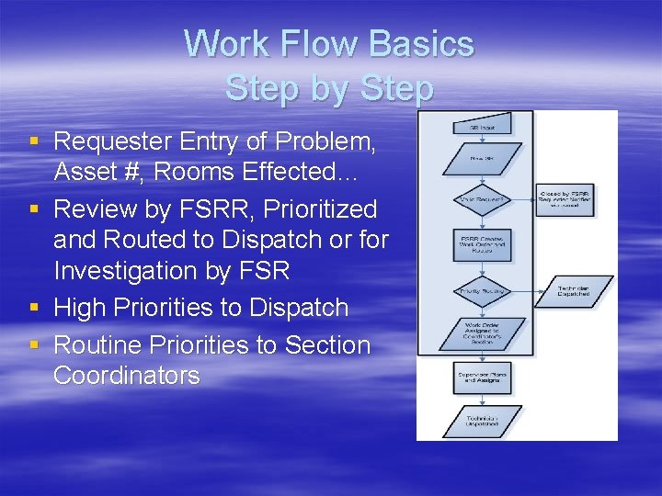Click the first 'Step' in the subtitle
point(257,89)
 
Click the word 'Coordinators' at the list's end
point(126,376)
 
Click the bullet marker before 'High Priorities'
point(34,308)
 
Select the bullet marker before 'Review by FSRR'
point(34,210)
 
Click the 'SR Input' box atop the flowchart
point(482,126)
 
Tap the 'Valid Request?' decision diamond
point(482,199)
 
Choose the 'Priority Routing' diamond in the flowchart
point(482,291)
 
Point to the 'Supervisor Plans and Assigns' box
point(482,377)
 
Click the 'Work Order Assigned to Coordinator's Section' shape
point(482,334)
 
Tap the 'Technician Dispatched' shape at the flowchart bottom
point(482,420)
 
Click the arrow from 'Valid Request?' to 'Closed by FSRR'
point(522,199)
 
